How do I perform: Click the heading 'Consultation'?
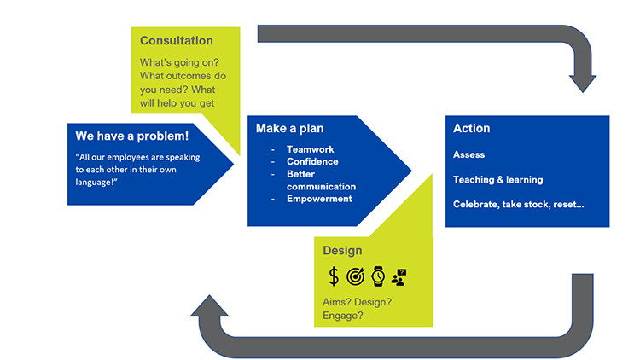click(x=177, y=41)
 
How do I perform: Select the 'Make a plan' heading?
click(x=289, y=128)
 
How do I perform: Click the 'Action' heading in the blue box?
click(x=472, y=128)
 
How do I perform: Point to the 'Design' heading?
click(x=342, y=251)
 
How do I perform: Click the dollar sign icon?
click(x=334, y=276)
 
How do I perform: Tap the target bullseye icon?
click(x=356, y=276)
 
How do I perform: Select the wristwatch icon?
click(x=377, y=276)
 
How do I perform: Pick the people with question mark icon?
click(x=399, y=276)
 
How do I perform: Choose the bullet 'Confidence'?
click(x=312, y=162)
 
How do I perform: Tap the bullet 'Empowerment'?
click(x=320, y=199)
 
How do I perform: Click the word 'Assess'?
click(x=469, y=155)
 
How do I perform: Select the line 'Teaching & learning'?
click(x=498, y=180)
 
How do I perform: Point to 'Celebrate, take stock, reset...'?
click(x=519, y=205)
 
